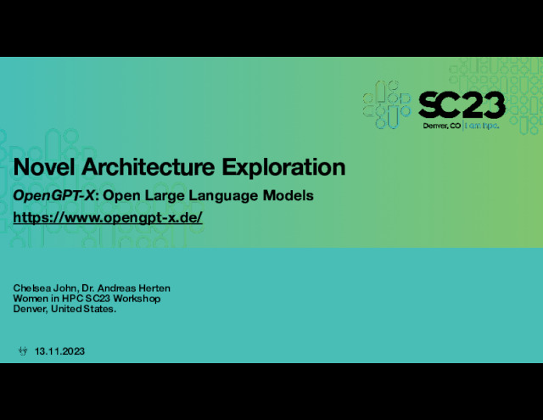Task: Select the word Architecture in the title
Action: coord(148,167)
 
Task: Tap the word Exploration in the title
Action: coord(283,168)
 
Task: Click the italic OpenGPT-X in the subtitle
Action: coord(53,196)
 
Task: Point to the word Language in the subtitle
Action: coord(224,196)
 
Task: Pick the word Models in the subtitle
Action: coord(288,196)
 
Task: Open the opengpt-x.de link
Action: coord(108,218)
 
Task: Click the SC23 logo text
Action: coord(462,105)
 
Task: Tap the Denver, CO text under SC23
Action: coord(442,126)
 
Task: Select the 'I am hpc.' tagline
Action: coord(482,126)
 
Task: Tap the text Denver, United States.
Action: coord(64,309)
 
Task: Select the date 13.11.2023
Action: coord(59,351)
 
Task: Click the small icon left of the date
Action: coord(23,351)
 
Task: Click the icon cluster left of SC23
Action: coord(387,104)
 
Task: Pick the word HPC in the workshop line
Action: coord(72,299)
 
